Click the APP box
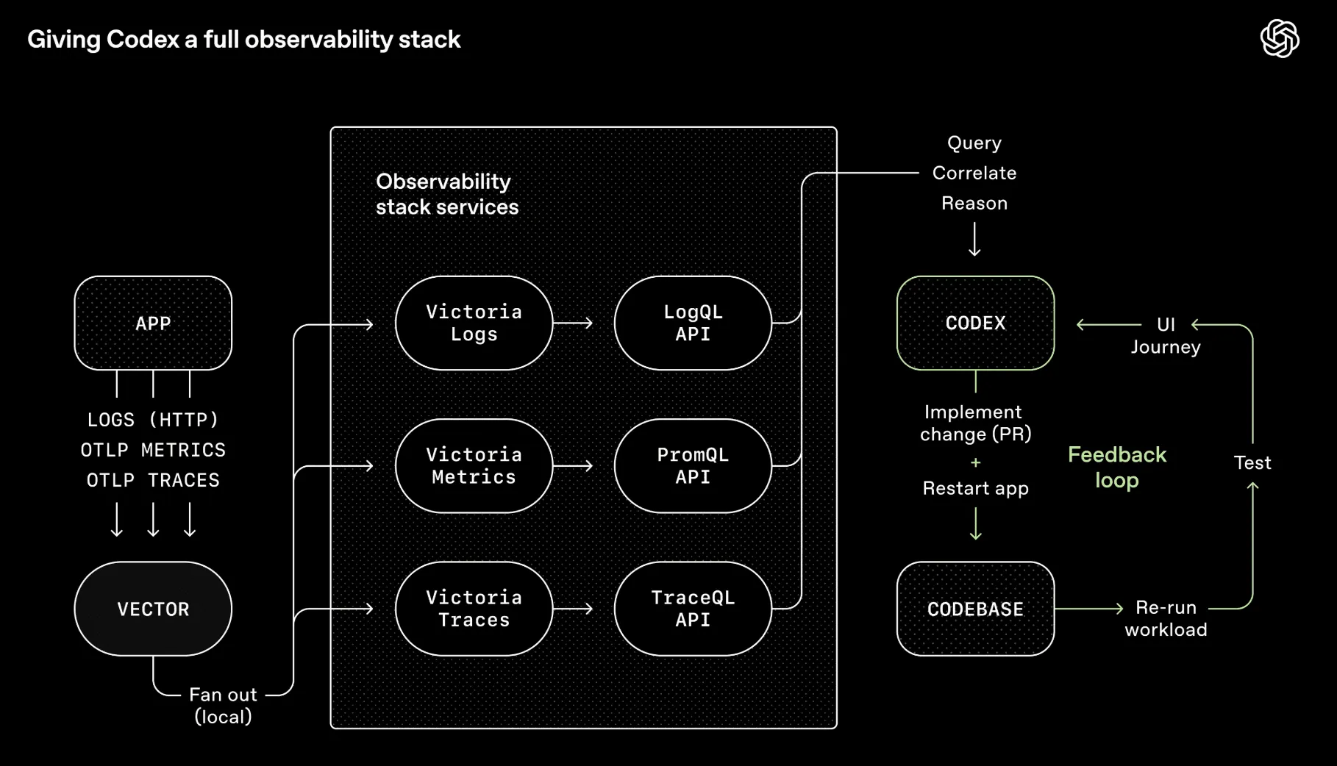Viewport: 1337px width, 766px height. [153, 323]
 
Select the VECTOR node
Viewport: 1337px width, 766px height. [153, 609]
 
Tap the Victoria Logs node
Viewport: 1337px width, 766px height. [474, 323]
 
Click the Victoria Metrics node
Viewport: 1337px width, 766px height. [474, 465]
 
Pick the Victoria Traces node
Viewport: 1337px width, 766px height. [474, 609]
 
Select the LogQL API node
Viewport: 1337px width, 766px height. [693, 323]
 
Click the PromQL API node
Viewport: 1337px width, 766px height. [693, 465]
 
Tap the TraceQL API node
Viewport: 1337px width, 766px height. [693, 609]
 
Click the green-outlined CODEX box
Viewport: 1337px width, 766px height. [975, 323]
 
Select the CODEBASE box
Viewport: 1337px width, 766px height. [975, 609]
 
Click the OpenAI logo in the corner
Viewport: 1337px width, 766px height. [1280, 38]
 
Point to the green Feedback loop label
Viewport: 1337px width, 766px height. [1116, 468]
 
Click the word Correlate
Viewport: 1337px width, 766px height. [974, 173]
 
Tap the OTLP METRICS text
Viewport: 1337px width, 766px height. [153, 450]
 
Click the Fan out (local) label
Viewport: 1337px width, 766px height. [223, 705]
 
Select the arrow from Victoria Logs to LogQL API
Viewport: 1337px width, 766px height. [573, 323]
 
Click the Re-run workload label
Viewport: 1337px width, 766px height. [1166, 618]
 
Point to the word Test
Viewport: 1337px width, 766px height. [1252, 462]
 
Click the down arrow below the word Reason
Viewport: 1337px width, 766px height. [974, 240]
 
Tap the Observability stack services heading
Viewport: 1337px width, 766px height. [446, 194]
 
